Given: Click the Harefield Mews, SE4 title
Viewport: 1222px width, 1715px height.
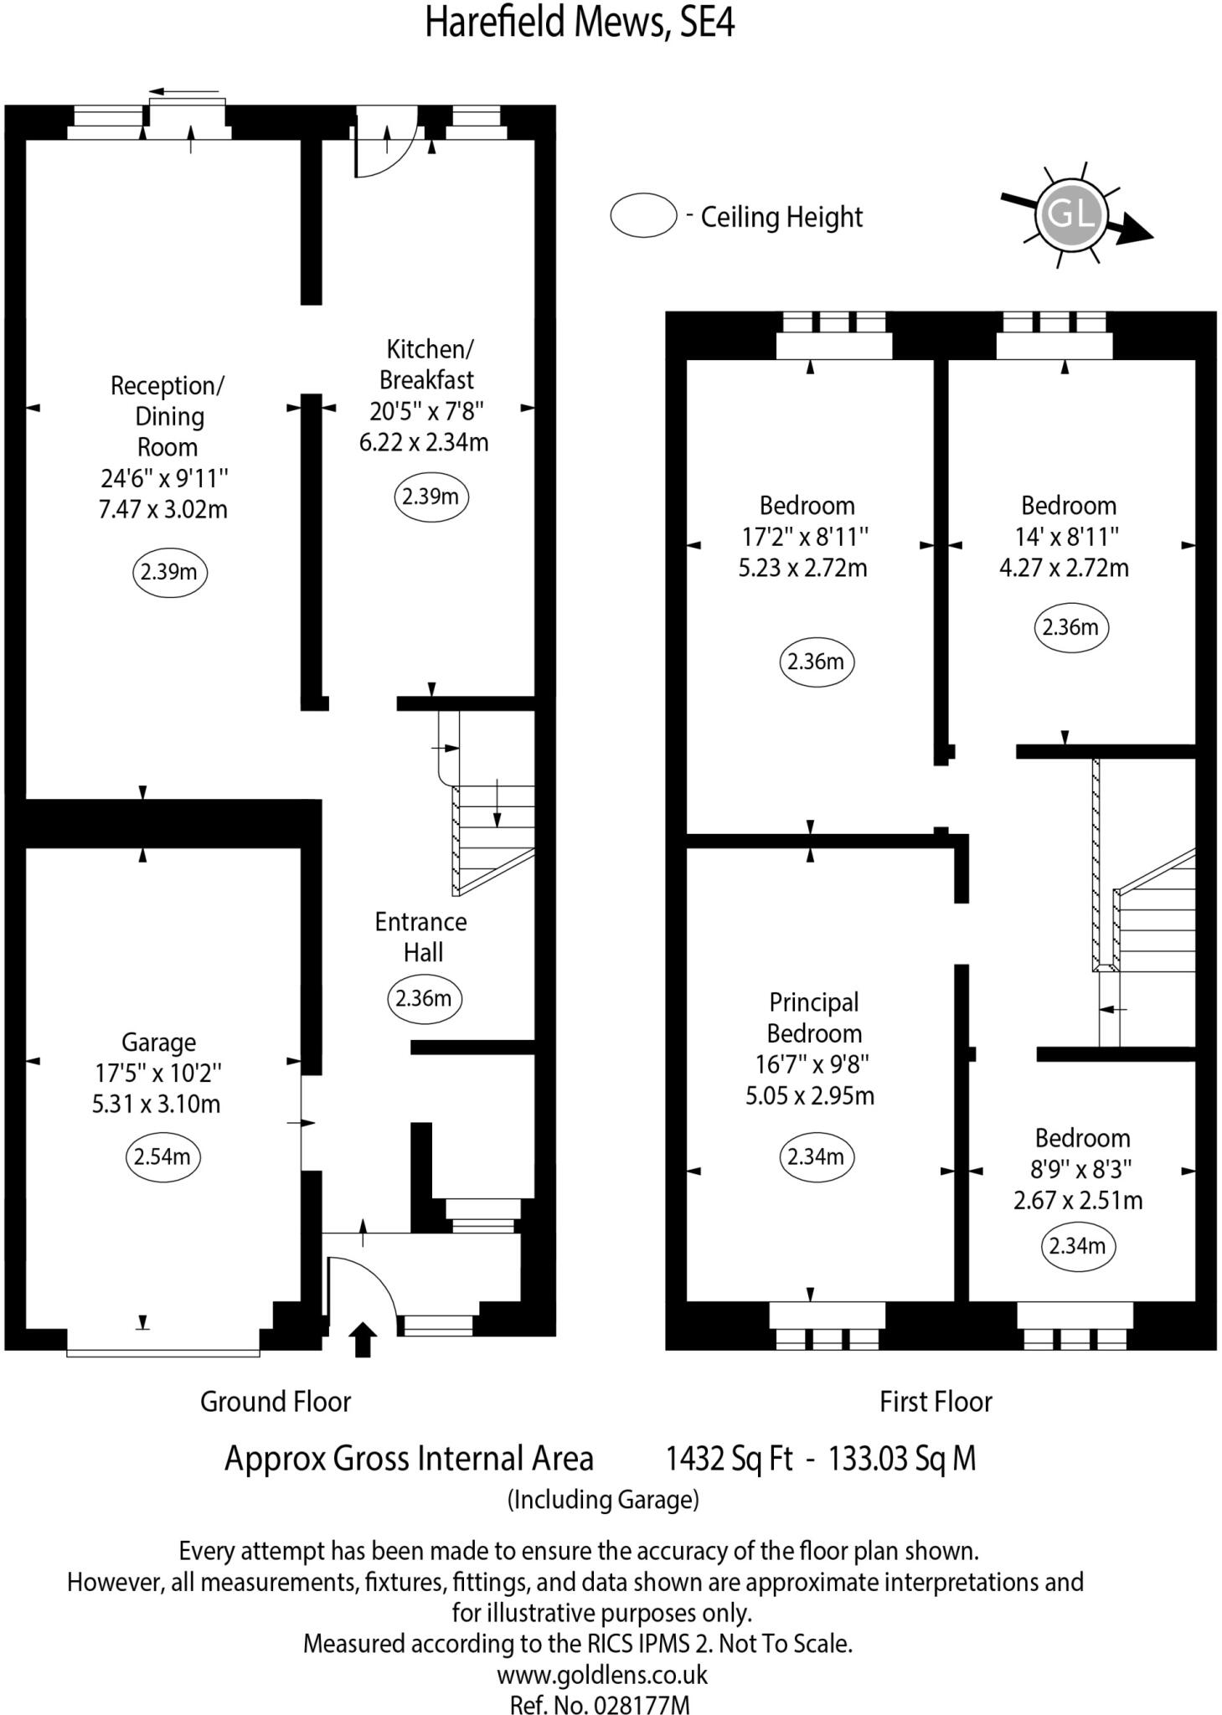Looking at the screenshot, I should pyautogui.click(x=580, y=23).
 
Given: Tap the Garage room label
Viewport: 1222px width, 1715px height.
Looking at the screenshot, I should pyautogui.click(x=158, y=1042).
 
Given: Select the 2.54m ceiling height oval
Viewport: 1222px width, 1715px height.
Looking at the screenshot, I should pyautogui.click(x=162, y=1156).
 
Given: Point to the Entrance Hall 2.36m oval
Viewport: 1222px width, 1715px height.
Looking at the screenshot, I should pyautogui.click(x=424, y=998).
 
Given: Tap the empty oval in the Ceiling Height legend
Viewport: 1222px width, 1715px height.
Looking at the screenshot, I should pyautogui.click(x=643, y=215).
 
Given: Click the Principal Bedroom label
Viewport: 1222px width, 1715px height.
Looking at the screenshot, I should pyautogui.click(x=813, y=1017).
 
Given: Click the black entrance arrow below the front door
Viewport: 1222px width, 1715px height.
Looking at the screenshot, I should pyautogui.click(x=362, y=1338).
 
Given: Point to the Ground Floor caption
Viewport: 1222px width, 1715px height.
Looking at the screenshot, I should pyautogui.click(x=275, y=1402).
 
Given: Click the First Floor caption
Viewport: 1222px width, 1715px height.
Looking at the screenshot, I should pyautogui.click(x=936, y=1402).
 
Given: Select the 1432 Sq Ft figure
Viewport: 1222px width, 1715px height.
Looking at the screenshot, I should pyautogui.click(x=728, y=1458).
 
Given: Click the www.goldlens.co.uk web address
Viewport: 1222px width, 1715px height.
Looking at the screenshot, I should pyautogui.click(x=602, y=1674).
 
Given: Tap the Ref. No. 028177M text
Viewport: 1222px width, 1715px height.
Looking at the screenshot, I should pyautogui.click(x=600, y=1703).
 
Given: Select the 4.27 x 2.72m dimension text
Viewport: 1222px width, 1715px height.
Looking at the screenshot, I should pyautogui.click(x=1064, y=568).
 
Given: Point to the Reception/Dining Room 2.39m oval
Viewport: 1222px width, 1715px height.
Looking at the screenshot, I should pyautogui.click(x=169, y=572).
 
